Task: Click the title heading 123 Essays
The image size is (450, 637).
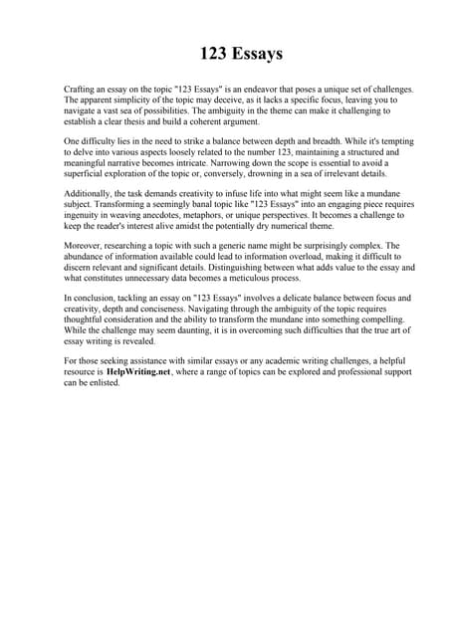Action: click(225, 53)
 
